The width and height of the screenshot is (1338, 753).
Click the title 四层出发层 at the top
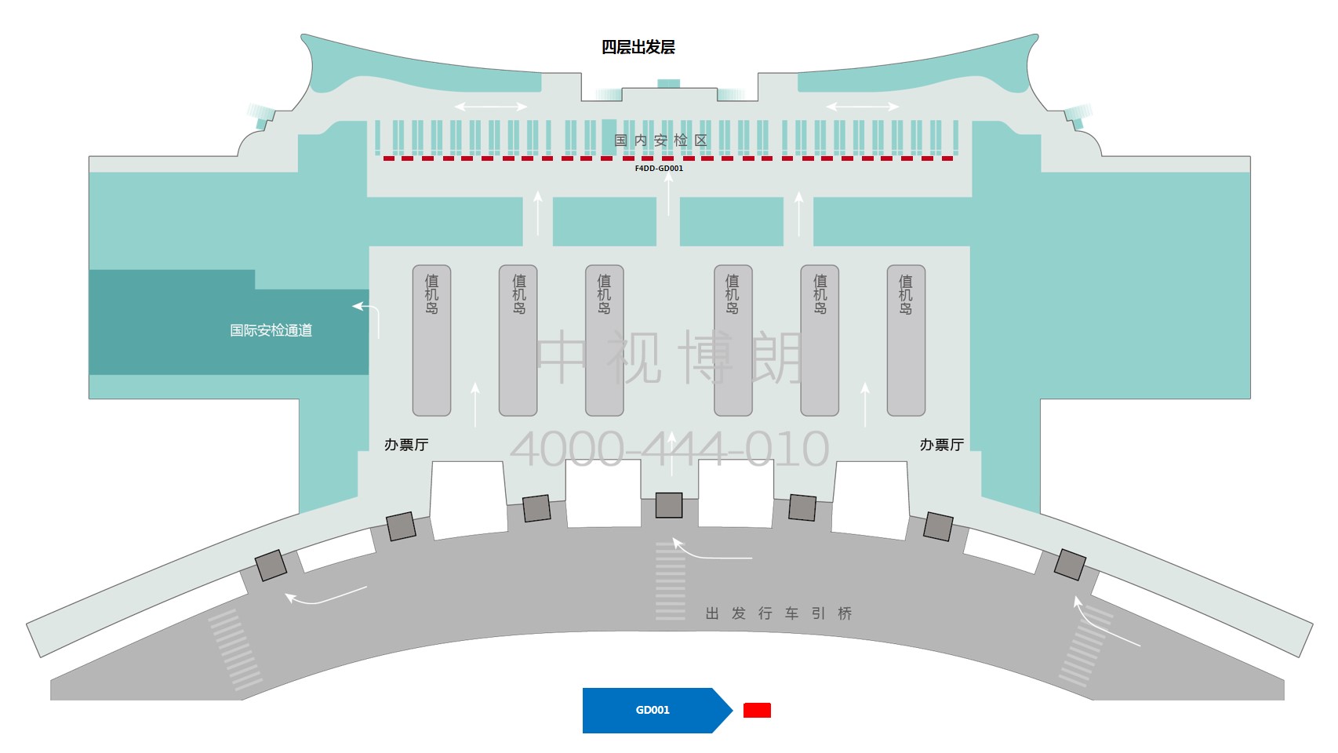(x=638, y=47)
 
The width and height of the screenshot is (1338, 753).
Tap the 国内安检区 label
(x=660, y=140)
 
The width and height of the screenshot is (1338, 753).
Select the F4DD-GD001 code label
(x=659, y=168)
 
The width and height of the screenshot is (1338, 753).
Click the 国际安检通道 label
(x=271, y=330)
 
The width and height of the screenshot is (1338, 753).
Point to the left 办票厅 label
(x=406, y=445)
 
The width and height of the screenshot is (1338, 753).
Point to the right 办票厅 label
(x=941, y=445)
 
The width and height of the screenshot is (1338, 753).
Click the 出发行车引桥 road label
(x=778, y=613)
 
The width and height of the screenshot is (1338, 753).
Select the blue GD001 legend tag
(x=653, y=711)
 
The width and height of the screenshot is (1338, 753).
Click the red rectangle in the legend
(x=757, y=711)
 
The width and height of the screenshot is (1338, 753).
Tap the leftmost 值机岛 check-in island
(x=431, y=340)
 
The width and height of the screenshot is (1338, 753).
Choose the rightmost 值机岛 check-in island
(x=906, y=340)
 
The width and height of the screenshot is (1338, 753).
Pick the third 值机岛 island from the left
(x=604, y=340)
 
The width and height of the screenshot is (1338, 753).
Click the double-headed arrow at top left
(x=491, y=107)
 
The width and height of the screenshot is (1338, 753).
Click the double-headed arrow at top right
(x=862, y=107)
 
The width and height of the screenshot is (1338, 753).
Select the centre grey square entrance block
(x=669, y=505)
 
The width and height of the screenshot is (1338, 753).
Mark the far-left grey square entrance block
(x=271, y=566)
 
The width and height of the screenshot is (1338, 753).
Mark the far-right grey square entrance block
(x=1070, y=565)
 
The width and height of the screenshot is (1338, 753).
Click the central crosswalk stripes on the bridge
(x=670, y=580)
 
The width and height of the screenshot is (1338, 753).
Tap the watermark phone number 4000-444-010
(x=669, y=449)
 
